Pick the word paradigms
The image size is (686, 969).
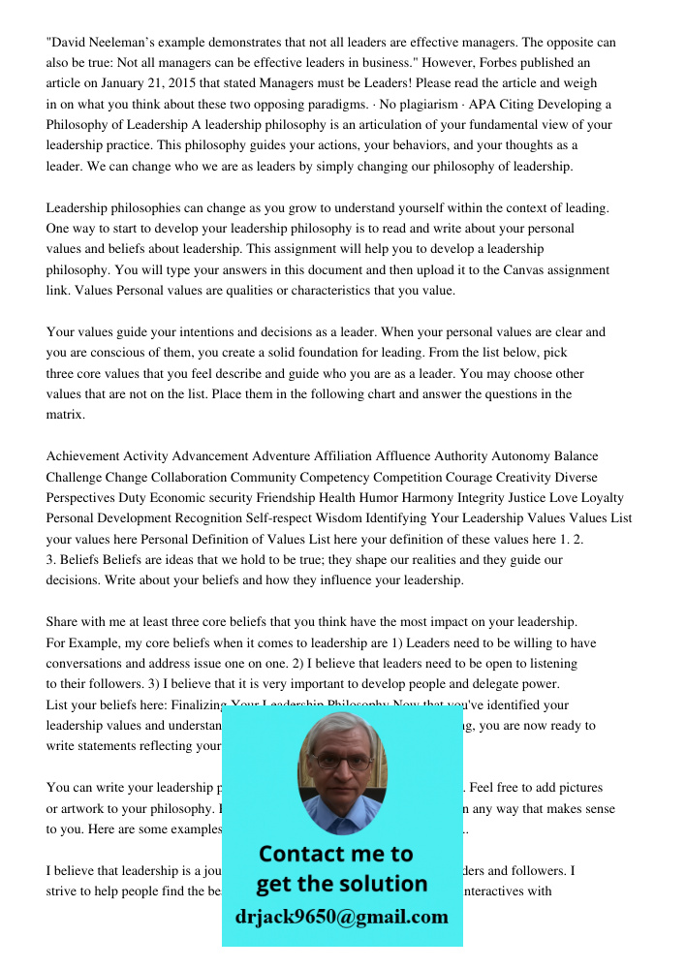(x=348, y=104)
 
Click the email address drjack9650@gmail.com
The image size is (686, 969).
(x=341, y=917)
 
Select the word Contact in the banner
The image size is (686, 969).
(x=303, y=854)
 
